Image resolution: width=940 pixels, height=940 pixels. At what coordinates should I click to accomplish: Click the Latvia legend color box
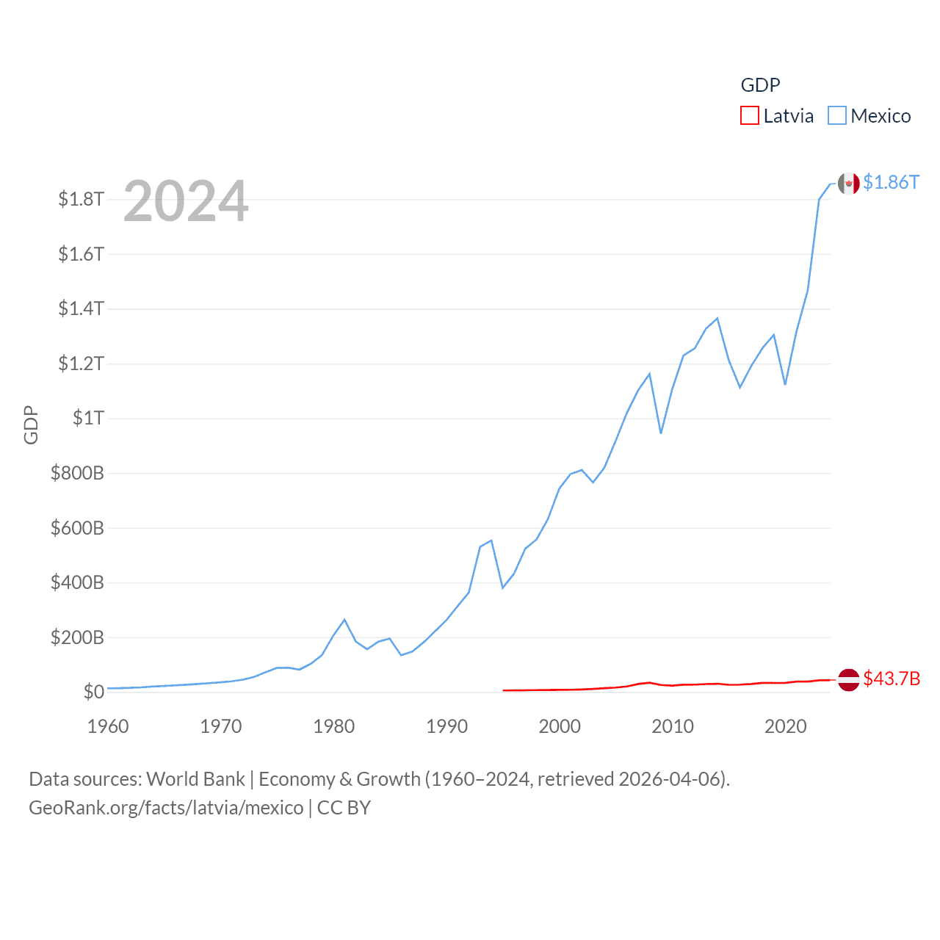[749, 116]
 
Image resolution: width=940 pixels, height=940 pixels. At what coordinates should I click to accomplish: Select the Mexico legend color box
[836, 116]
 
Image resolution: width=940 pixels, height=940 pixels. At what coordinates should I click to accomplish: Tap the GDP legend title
[760, 85]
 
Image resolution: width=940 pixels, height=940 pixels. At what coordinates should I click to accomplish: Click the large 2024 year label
[186, 201]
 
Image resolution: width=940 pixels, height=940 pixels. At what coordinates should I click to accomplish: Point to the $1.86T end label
[891, 182]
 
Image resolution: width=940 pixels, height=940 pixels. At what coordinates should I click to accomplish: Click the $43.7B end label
[892, 679]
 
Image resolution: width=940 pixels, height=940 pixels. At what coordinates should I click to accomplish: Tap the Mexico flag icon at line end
[848, 184]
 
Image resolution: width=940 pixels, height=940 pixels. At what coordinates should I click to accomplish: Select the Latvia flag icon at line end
[848, 680]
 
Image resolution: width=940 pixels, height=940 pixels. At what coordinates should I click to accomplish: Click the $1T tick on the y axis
[88, 418]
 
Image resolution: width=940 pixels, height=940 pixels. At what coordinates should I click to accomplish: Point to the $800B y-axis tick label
[77, 473]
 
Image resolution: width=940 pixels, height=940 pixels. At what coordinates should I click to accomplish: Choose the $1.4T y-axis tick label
[81, 308]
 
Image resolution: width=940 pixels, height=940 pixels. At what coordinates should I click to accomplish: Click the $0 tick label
[93, 692]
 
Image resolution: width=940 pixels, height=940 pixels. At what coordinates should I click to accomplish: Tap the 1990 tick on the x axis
[446, 726]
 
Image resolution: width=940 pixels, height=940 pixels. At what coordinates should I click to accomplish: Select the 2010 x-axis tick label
[673, 726]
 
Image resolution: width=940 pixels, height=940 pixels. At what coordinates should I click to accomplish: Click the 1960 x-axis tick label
[108, 726]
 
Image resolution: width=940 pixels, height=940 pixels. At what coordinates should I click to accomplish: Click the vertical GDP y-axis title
[31, 424]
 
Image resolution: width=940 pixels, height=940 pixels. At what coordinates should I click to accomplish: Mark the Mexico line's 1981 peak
[344, 620]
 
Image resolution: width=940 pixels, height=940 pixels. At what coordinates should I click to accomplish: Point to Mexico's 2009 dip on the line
[661, 433]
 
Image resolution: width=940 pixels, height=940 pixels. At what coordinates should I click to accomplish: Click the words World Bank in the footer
[195, 779]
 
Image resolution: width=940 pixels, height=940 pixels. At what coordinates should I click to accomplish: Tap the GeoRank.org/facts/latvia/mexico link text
[166, 808]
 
